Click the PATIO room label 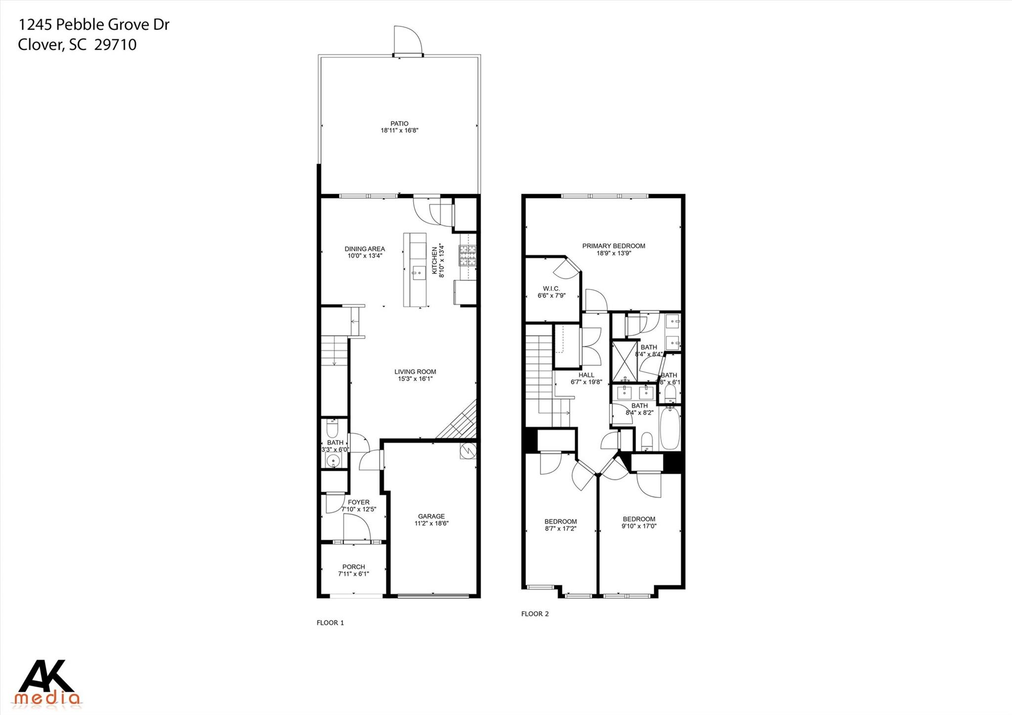(399, 124)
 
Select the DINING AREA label (365, 249)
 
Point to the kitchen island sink (419, 271)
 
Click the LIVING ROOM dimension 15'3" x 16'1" (415, 379)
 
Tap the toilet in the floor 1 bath (333, 427)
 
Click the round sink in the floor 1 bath (334, 462)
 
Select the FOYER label (358, 502)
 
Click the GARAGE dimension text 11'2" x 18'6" (431, 523)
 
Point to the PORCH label (353, 567)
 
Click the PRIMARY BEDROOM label (613, 246)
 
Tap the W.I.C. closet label (551, 289)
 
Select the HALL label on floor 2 (586, 375)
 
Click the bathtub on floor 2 (670, 428)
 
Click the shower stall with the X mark (624, 361)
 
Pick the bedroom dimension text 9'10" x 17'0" (639, 526)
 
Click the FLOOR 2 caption (535, 614)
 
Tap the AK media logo (47, 682)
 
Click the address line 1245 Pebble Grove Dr (94, 25)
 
